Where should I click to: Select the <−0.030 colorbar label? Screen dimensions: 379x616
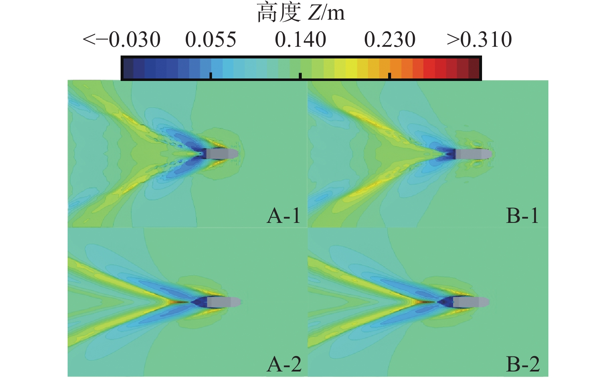(x=121, y=40)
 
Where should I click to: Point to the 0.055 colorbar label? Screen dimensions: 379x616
(x=211, y=40)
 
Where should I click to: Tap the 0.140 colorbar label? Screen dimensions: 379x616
(x=300, y=40)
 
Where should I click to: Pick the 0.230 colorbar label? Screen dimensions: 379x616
(x=390, y=40)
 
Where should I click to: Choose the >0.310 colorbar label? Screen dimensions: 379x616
(x=479, y=40)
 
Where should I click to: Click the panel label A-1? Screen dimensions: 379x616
(x=284, y=216)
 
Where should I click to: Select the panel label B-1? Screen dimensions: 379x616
(x=523, y=216)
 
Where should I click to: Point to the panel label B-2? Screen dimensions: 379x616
(x=523, y=364)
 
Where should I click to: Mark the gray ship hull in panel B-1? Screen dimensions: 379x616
(x=473, y=154)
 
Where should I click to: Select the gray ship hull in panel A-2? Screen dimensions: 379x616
(x=223, y=302)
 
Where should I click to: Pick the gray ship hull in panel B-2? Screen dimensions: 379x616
(x=470, y=302)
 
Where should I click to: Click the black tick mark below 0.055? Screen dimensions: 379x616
(x=211, y=76)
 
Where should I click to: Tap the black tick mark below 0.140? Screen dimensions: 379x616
(x=300, y=76)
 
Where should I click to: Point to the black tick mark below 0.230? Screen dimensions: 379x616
(x=389, y=76)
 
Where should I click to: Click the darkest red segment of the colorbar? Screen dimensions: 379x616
(x=474, y=68)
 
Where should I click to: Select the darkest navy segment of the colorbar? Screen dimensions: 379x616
(x=128, y=68)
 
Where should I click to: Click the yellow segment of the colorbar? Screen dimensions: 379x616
(x=351, y=68)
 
